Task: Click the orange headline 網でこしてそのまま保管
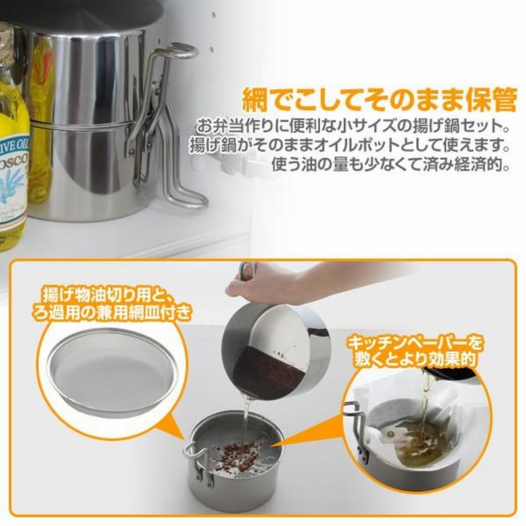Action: coord(379,99)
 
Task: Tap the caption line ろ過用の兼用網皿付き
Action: coord(112,313)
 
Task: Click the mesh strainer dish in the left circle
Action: coord(112,371)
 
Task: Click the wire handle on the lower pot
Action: coord(198,465)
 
